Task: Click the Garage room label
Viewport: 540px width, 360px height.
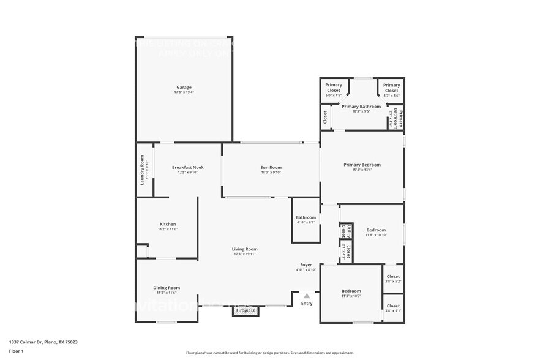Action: [184, 88]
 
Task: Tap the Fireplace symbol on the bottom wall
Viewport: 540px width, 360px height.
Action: [246, 311]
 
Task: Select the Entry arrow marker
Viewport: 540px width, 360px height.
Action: [307, 296]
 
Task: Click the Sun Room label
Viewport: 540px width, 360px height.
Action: [271, 167]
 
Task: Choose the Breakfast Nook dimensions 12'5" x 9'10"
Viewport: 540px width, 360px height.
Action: [187, 173]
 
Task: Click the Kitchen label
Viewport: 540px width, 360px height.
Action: [168, 224]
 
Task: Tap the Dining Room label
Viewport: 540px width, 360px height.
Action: [167, 288]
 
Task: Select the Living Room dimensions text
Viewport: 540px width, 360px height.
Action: [244, 254]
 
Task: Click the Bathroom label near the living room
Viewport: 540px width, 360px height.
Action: [306, 217]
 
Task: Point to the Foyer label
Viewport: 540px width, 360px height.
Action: [306, 265]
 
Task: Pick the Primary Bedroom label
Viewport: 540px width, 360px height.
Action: [362, 165]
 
